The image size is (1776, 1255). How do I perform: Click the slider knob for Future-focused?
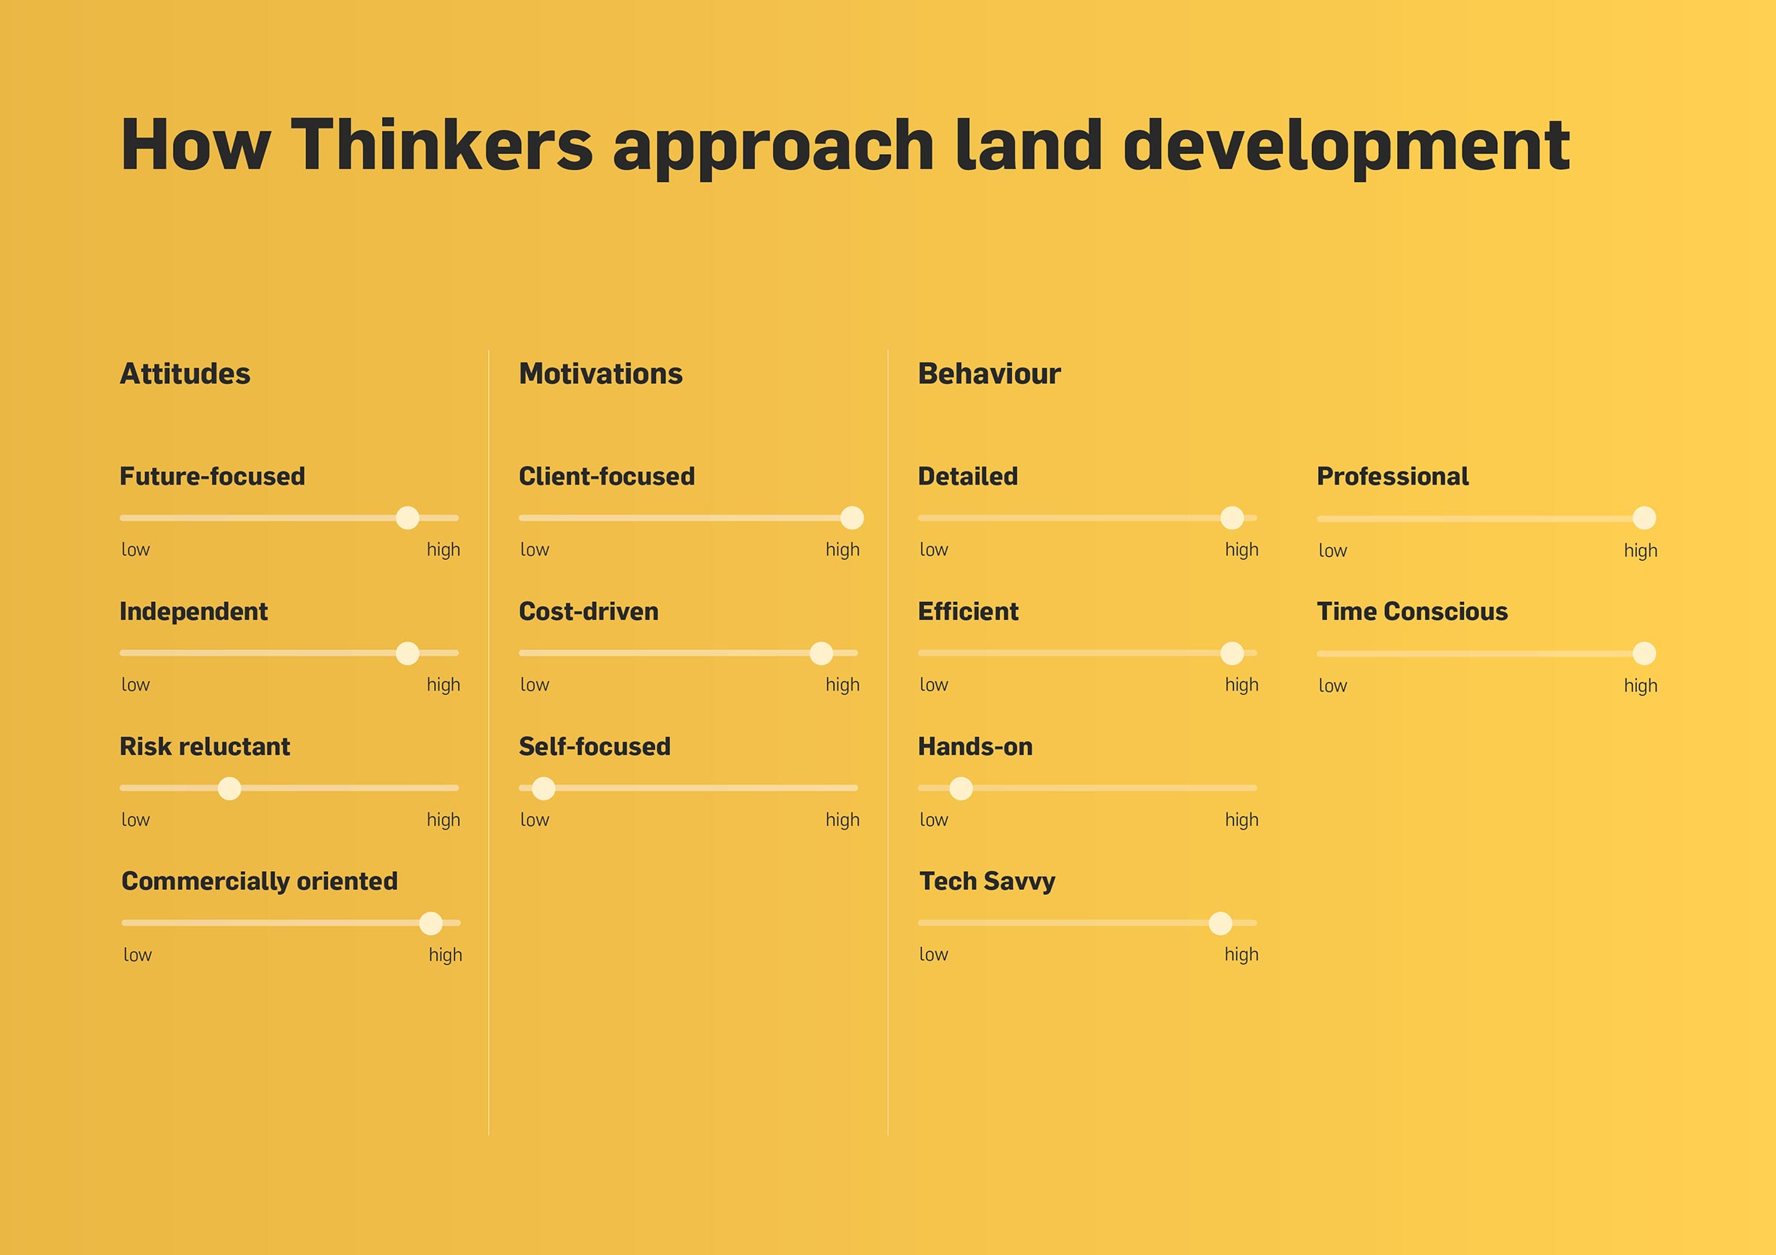[408, 518]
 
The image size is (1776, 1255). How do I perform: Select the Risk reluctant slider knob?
[229, 788]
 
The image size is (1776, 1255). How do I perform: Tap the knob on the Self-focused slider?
[544, 788]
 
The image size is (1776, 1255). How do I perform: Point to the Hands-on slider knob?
[961, 788]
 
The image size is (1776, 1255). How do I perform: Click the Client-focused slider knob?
[852, 518]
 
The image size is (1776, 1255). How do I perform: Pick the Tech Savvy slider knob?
[1220, 924]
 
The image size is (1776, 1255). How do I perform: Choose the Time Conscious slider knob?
[1644, 653]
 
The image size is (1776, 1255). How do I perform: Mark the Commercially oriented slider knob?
[431, 924]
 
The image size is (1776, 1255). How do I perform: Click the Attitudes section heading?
[185, 374]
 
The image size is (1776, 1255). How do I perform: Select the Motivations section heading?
[601, 374]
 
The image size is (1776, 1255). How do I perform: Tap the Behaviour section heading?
[990, 374]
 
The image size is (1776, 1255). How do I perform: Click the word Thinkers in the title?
[441, 144]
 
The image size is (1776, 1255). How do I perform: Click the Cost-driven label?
[589, 612]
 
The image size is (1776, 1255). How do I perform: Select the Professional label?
[1393, 476]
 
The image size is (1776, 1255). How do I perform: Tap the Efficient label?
[968, 612]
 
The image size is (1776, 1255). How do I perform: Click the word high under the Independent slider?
[443, 685]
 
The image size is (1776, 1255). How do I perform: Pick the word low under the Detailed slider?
[934, 550]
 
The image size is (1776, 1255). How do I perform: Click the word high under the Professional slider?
[1641, 551]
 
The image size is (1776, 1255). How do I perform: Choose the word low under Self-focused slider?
[535, 820]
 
